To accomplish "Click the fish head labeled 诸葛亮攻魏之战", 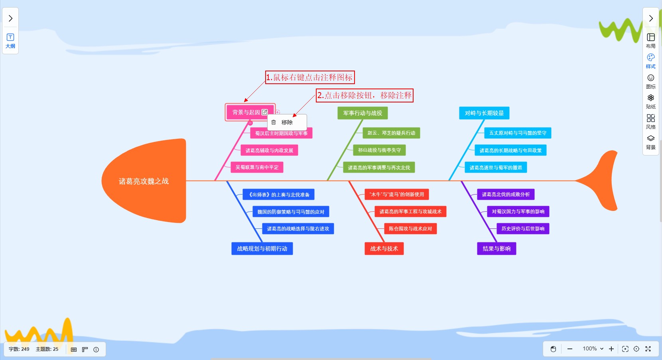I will pyautogui.click(x=144, y=181).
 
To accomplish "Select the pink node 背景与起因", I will pyautogui.click(x=246, y=112).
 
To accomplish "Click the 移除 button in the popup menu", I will pyautogui.click(x=287, y=122).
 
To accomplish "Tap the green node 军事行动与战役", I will pyautogui.click(x=363, y=113).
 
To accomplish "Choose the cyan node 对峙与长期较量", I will pyautogui.click(x=484, y=113).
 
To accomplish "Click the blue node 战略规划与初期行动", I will pyautogui.click(x=262, y=249).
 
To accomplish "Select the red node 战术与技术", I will pyautogui.click(x=384, y=249).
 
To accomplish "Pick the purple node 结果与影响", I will pyautogui.click(x=496, y=249).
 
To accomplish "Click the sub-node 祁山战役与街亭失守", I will pyautogui.click(x=379, y=150).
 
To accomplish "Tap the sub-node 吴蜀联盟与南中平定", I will pyautogui.click(x=257, y=167).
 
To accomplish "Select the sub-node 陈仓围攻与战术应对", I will pyautogui.click(x=410, y=229).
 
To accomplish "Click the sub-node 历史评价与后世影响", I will pyautogui.click(x=523, y=229).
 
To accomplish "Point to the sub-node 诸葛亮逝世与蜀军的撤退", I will pyautogui.click(x=496, y=168).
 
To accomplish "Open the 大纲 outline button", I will pyautogui.click(x=10, y=41).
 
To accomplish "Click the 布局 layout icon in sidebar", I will pyautogui.click(x=651, y=40).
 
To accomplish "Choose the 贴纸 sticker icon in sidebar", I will pyautogui.click(x=651, y=101).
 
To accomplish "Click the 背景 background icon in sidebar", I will pyautogui.click(x=651, y=142).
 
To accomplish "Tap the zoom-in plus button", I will pyautogui.click(x=611, y=349).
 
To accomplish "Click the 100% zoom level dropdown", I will pyautogui.click(x=593, y=349).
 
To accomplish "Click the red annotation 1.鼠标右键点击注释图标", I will pyautogui.click(x=310, y=77).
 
